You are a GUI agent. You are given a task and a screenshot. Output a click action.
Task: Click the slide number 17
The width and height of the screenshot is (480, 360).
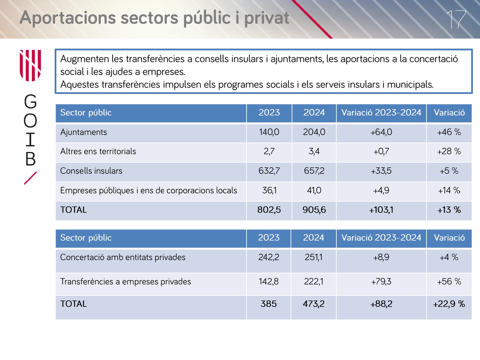click(x=456, y=19)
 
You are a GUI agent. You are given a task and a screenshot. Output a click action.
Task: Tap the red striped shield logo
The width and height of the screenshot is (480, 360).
click(x=30, y=65)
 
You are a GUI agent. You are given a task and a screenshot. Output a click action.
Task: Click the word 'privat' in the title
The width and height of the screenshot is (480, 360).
click(x=266, y=18)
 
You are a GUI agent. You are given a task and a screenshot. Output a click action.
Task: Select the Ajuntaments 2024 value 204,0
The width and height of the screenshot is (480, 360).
click(x=314, y=132)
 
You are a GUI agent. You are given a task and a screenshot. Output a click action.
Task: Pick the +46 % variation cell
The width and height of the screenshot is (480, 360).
click(x=449, y=132)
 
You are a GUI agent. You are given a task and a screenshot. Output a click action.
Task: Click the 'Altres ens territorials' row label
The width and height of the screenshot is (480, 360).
click(x=98, y=151)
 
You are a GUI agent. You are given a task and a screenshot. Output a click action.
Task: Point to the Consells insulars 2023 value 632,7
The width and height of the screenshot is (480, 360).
click(x=269, y=171)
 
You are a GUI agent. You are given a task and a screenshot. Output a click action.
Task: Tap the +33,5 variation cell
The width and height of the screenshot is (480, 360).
click(x=381, y=171)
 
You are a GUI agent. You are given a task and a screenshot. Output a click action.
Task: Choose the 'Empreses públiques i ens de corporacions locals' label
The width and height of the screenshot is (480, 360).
click(x=148, y=190)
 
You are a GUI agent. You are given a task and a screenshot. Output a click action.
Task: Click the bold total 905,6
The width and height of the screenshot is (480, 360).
click(x=314, y=210)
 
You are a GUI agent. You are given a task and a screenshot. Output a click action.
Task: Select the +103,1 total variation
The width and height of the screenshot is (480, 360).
click(x=381, y=210)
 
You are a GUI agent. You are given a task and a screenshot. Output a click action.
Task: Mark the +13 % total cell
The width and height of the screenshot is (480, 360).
click(x=449, y=210)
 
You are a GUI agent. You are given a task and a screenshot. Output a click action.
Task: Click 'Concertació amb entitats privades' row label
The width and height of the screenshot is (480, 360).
click(x=123, y=257)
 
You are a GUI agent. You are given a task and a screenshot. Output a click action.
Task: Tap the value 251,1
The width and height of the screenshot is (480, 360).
click(x=313, y=257)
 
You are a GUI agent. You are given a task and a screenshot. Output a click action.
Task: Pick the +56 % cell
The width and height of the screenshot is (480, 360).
click(x=449, y=281)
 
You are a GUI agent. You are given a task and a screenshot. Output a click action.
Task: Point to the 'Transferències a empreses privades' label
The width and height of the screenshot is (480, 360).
click(x=125, y=281)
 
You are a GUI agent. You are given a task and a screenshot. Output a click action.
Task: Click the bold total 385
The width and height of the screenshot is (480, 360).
click(x=268, y=304)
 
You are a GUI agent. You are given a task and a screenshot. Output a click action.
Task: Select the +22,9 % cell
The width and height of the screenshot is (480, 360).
click(x=449, y=304)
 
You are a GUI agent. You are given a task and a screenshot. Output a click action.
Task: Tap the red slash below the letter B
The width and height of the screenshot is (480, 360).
click(x=30, y=178)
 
